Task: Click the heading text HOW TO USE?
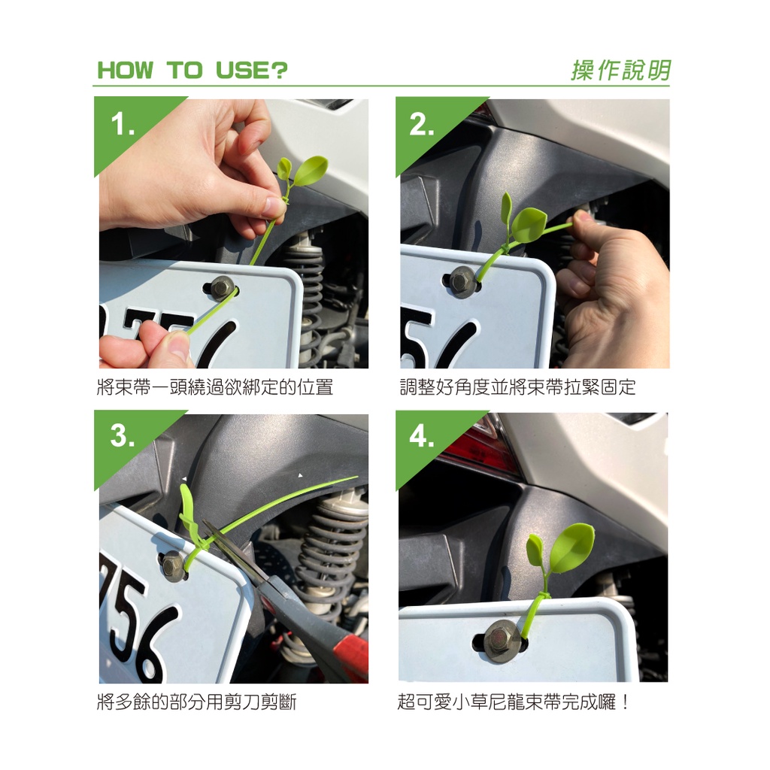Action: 192,70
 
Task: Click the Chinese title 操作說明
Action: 620,70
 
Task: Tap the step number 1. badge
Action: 123,124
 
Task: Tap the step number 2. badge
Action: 421,124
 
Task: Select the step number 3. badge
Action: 123,435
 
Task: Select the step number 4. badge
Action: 421,435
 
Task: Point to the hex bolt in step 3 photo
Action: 173,566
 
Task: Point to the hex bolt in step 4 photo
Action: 502,641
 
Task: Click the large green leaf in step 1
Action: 309,171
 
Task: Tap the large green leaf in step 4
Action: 572,547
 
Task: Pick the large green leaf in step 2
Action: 529,224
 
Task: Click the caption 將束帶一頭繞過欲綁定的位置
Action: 215,387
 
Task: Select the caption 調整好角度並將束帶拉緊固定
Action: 517,387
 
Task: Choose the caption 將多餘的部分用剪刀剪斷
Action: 197,702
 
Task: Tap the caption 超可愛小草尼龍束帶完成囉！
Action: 514,702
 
